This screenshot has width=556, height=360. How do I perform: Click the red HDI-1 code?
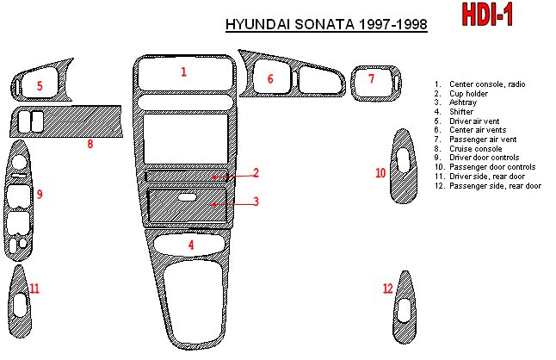point(487,15)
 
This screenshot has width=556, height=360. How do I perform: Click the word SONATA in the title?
point(324,24)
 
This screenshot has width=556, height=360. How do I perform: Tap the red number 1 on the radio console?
point(183,72)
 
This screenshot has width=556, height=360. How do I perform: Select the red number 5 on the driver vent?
point(40,86)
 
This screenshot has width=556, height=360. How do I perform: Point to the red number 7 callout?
point(371,78)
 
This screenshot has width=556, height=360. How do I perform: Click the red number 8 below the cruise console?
point(90,144)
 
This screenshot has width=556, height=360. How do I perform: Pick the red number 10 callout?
point(380,173)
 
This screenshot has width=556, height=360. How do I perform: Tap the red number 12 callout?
point(388,289)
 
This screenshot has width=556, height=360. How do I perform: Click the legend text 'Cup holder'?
point(468,94)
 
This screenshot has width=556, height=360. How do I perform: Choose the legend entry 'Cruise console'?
point(475,149)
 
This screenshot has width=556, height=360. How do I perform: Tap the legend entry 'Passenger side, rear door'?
point(496,186)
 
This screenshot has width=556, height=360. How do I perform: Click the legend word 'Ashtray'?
point(463,102)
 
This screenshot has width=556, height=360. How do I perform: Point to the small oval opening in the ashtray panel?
point(187,197)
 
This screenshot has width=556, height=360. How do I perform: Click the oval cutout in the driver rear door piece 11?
point(20,305)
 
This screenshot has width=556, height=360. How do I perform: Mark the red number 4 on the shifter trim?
point(191,245)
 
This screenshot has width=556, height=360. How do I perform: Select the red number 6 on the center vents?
point(270,78)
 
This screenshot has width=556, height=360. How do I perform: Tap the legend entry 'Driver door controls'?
point(484,158)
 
